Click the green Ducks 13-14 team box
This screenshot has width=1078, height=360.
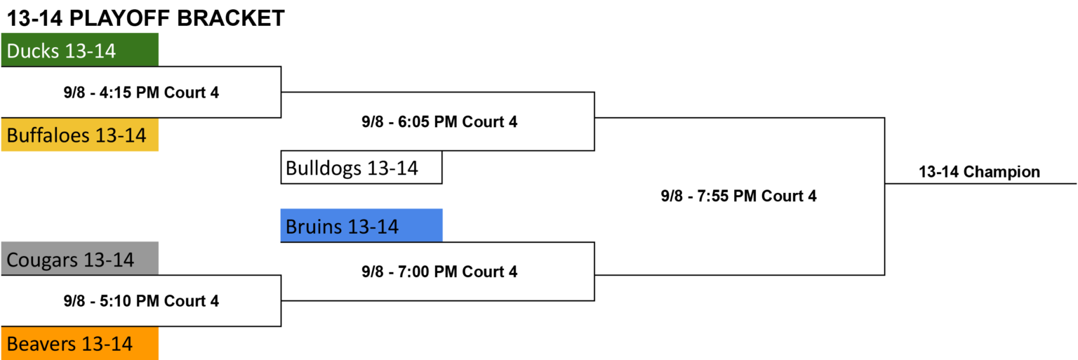click(80, 50)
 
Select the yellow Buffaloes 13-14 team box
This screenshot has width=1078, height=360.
click(80, 135)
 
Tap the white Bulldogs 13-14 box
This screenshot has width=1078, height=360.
click(361, 168)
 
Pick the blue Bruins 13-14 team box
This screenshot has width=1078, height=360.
click(361, 225)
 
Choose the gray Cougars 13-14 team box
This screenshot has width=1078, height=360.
click(80, 258)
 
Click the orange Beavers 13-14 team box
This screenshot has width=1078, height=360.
click(80, 343)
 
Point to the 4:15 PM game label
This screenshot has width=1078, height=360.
click(141, 93)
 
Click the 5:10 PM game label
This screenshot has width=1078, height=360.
click(141, 301)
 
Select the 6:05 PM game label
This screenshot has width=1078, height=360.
click(439, 122)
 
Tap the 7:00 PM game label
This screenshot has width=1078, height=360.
click(439, 272)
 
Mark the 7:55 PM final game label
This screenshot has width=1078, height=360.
click(739, 196)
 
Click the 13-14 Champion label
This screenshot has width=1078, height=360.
click(979, 172)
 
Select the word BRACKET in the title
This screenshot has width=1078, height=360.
click(230, 18)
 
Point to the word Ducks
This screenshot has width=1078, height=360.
click(33, 51)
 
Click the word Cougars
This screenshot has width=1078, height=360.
click(42, 260)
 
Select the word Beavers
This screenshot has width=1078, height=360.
click(42, 344)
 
